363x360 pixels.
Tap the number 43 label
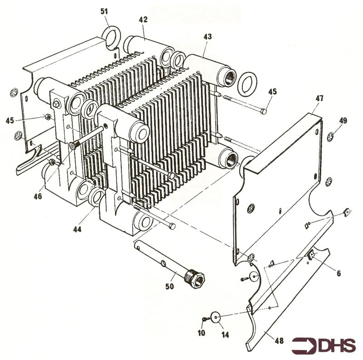[207, 36]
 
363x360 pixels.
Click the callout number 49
[343, 120]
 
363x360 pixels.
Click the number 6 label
[338, 273]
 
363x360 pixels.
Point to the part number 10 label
[201, 333]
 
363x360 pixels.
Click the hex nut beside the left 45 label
[47, 118]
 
